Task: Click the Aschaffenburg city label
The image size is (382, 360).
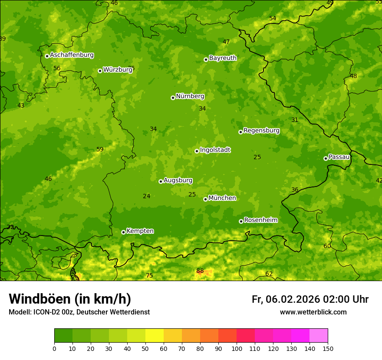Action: [72, 55]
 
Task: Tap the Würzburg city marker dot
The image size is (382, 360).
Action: [100, 71]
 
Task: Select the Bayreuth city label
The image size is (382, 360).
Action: [223, 58]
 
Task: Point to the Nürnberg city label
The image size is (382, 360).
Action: [190, 96]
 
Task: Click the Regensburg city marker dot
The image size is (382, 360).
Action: [240, 132]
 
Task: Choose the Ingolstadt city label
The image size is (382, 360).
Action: [215, 150]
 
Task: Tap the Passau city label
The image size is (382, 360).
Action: [339, 157]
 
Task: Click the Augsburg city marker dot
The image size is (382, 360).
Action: [161, 181]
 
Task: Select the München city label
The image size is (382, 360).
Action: [222, 198]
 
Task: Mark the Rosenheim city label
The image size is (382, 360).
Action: [260, 220]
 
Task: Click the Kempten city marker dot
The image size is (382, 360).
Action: [123, 232]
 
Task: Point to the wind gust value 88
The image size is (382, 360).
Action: [200, 271]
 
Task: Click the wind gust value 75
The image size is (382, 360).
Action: [149, 276]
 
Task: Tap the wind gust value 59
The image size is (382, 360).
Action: [100, 150]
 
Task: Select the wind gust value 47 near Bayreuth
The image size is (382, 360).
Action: [226, 42]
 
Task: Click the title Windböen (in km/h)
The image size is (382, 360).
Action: [70, 299]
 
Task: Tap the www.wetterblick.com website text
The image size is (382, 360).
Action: [313, 312]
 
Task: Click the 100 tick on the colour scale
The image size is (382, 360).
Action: [237, 348]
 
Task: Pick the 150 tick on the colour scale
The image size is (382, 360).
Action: [328, 348]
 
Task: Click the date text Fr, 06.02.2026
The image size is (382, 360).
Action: [286, 299]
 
